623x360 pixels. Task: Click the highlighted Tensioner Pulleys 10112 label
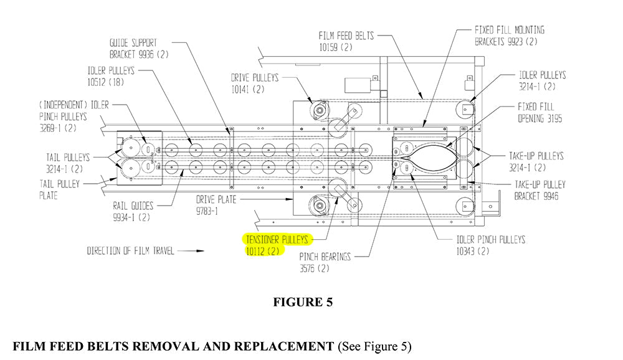point(278,245)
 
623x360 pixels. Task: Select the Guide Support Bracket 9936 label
point(133,49)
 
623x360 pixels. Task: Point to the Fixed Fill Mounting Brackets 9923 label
point(510,36)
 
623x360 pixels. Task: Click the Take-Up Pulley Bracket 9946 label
point(540,190)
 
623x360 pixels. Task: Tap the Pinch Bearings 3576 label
point(325,262)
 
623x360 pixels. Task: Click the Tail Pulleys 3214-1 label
point(67,163)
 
